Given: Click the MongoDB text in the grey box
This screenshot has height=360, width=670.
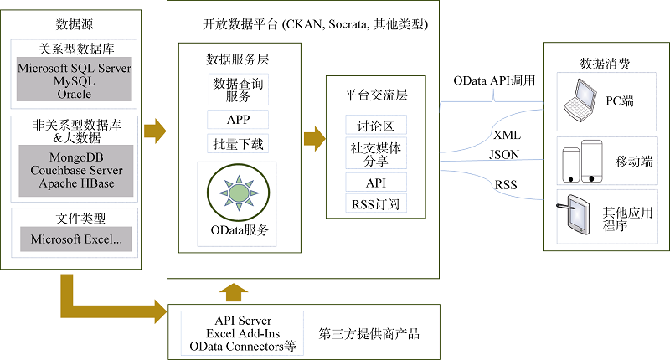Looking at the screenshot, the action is pos(76,157).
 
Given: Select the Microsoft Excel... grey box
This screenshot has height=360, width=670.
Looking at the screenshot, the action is pos(76,239).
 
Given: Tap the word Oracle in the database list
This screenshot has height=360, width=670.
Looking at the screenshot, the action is pos(75,94).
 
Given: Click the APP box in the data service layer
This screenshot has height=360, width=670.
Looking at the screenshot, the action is pos(238,120).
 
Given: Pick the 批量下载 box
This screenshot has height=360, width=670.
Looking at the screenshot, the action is pos(238,144).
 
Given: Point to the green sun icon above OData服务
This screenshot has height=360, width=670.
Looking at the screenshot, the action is pos(239,193).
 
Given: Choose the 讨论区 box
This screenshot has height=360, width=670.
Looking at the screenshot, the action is pos(376,125).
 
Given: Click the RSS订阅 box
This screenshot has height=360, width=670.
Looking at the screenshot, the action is pos(376,203).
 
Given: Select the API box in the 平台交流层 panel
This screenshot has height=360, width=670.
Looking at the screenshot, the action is pos(376,183).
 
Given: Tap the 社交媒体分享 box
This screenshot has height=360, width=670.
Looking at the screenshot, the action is pos(376,153).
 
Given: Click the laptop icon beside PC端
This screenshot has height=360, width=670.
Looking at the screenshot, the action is pos(580,100).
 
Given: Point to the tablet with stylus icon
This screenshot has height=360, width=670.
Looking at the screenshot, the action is pos(574,214).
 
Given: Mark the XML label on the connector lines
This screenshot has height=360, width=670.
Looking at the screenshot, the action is pos(508,136).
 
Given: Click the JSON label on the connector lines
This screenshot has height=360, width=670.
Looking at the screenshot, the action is pos(504,155).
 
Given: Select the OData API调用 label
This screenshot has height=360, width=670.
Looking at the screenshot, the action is pos(494,80).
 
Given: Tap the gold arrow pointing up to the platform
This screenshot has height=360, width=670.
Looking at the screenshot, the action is pos(234,292).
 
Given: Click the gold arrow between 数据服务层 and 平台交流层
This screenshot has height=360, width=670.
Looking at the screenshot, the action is pos(315,139).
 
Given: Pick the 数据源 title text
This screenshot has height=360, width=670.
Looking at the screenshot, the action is pos(75,24).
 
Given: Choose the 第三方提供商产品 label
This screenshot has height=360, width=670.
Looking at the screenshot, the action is pos(369,333).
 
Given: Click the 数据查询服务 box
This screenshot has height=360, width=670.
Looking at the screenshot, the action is pos(239,90).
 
